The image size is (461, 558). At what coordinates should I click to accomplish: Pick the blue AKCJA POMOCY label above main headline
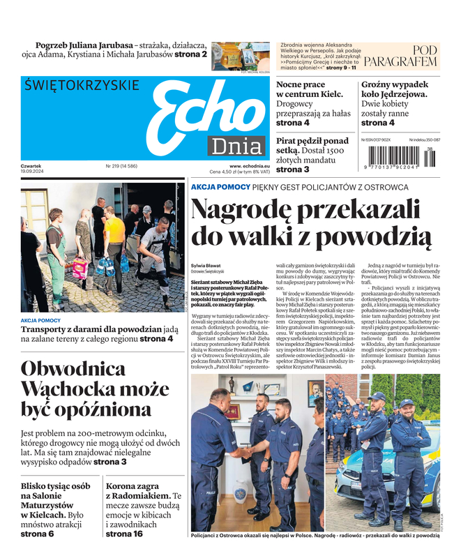pos(220,187)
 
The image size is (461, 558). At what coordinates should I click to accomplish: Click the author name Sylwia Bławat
pos(207,265)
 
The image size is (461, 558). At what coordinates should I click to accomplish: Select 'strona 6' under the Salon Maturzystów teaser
pos(37,534)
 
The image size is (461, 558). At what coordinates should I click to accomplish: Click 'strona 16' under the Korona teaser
pos(123,534)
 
